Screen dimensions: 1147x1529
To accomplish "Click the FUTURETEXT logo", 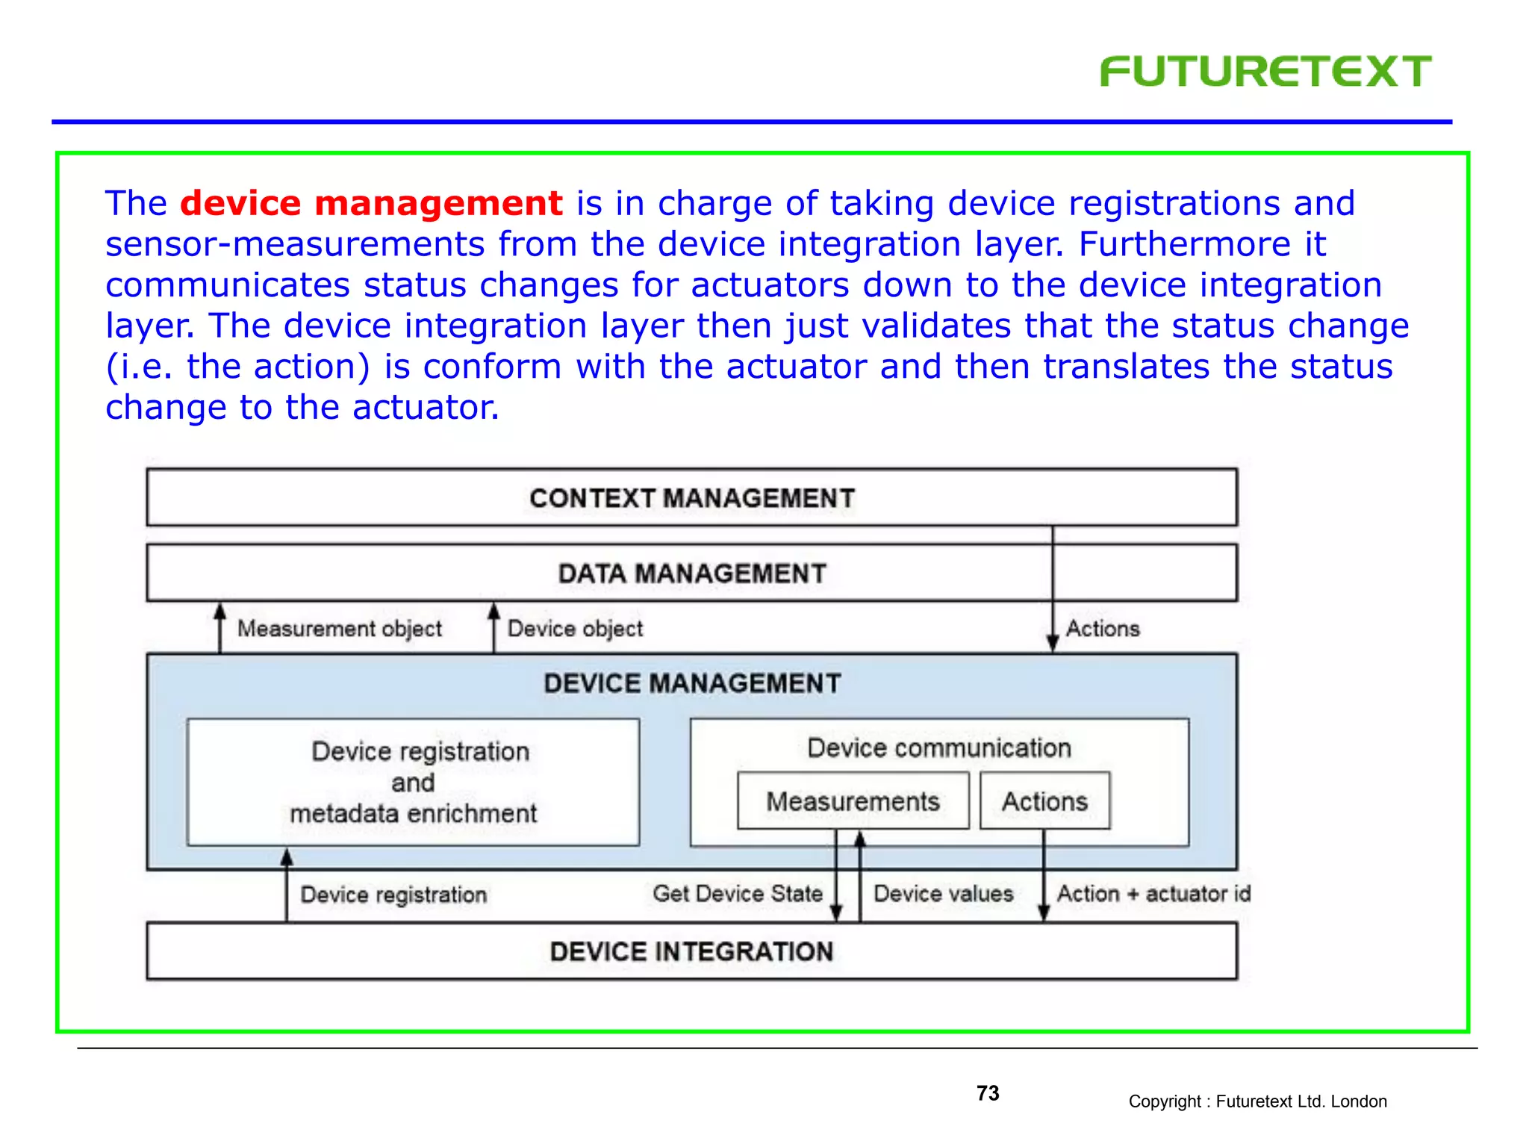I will coord(1265,72).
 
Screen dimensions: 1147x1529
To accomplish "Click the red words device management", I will coord(371,204).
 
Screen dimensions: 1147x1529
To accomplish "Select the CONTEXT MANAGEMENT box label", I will coord(691,498).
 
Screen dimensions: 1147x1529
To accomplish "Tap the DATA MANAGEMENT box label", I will coord(691,573).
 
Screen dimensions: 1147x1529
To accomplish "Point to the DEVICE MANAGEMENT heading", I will coord(691,683).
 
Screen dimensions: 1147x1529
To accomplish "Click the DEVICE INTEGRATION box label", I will coord(691,951).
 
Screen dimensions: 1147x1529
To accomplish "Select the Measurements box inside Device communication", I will coord(853,801).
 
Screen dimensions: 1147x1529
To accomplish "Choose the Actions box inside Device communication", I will coord(1044,801).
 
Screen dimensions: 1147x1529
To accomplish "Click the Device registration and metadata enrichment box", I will coord(413,782).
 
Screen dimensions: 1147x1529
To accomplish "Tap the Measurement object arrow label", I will coord(340,629).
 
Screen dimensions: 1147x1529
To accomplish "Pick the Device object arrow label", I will coord(575,629).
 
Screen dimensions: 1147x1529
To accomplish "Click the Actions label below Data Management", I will coord(1103,629).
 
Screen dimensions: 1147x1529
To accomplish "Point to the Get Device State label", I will coord(737,894).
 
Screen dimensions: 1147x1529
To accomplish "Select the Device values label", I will coord(943,894).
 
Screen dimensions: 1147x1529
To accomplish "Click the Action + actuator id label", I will coord(1153,894).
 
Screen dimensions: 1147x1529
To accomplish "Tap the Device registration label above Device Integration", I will coord(393,895).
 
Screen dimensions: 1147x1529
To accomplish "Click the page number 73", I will coord(988,1093).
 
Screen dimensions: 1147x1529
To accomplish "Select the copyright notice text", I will coord(1257,1101).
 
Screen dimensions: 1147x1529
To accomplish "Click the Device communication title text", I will coord(938,747).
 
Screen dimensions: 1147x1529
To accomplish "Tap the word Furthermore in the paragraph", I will coord(1184,245).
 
